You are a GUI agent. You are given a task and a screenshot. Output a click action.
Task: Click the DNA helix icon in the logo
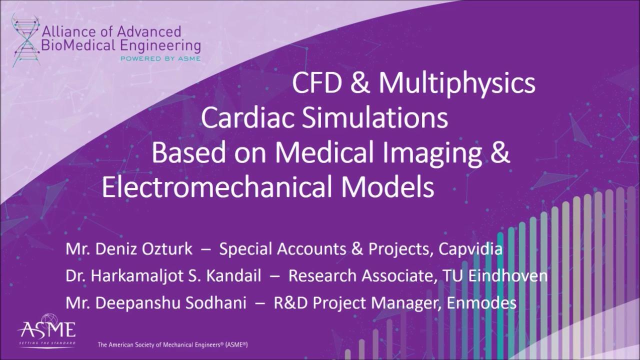25,40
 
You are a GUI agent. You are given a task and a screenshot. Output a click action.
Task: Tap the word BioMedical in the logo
79,45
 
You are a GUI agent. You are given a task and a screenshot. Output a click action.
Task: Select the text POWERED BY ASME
160,58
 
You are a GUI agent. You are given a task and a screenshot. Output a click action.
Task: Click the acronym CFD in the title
317,83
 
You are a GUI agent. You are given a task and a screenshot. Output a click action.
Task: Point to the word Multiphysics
457,85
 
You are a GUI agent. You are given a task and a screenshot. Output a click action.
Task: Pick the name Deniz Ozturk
143,249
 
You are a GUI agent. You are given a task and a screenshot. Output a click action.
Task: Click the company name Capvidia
470,249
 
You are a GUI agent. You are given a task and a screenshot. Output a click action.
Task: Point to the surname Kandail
233,276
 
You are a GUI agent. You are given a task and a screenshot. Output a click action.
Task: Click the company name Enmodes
481,303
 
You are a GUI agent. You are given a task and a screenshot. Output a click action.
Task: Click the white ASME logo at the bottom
47,330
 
